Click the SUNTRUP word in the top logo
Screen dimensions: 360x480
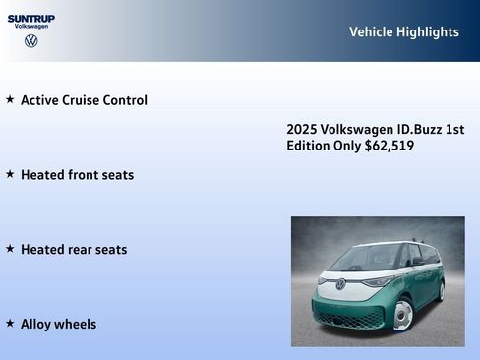coord(31,18)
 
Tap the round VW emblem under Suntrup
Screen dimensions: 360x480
coord(31,41)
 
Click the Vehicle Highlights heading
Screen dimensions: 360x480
coord(403,32)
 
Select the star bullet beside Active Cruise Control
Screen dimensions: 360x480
coord(10,99)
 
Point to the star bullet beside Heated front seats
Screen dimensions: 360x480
coord(10,174)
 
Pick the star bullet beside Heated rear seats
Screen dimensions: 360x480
coord(10,249)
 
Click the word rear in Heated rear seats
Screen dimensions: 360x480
coord(80,250)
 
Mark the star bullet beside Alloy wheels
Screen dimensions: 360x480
coord(10,324)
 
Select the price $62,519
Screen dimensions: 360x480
coord(390,146)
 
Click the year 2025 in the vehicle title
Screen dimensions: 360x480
coord(301,130)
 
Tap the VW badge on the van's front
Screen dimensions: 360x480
coord(341,284)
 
